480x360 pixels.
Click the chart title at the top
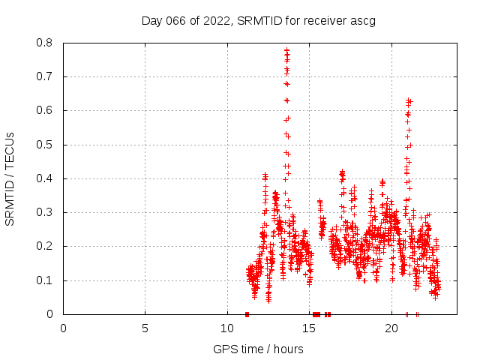pyautogui.click(x=258, y=20)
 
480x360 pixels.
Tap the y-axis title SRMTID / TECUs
pyautogui.click(x=10, y=178)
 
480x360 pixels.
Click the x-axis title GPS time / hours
pyautogui.click(x=258, y=349)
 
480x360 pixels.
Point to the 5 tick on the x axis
pyautogui.click(x=145, y=328)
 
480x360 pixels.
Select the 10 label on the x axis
pyautogui.click(x=227, y=328)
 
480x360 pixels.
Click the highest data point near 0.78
pyautogui.click(x=286, y=50)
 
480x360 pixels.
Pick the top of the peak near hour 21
pyautogui.click(x=409, y=100)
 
